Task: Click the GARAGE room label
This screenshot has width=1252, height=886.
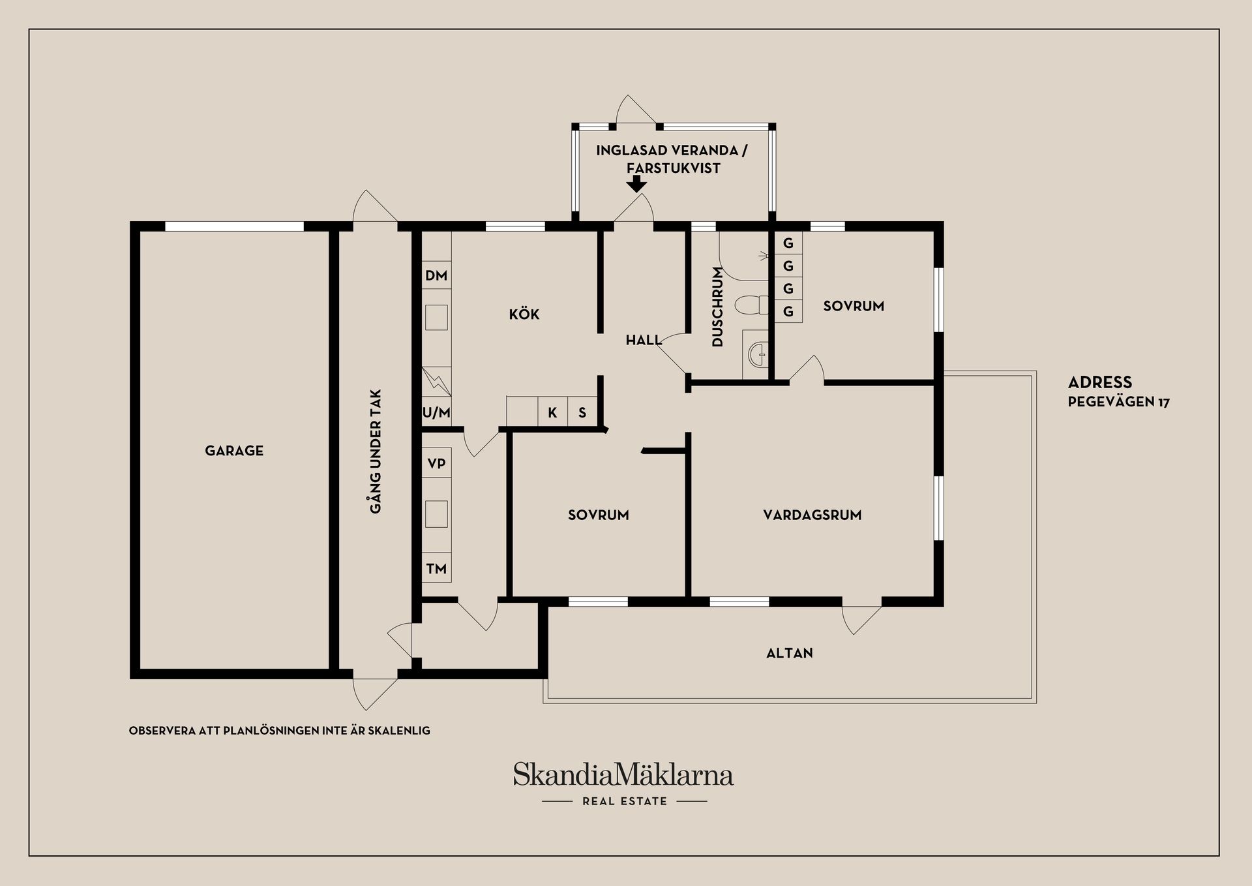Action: (x=234, y=451)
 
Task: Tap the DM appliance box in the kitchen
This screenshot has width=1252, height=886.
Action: (x=436, y=275)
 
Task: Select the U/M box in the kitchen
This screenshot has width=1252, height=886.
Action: (x=436, y=412)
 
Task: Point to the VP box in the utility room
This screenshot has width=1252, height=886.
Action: (x=436, y=464)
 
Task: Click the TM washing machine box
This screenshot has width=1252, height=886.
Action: (x=436, y=569)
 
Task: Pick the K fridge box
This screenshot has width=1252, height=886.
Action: (x=552, y=412)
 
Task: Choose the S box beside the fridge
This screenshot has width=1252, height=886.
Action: (x=582, y=412)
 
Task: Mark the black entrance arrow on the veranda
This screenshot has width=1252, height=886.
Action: (x=636, y=184)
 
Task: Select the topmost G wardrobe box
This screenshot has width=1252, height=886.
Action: (x=788, y=243)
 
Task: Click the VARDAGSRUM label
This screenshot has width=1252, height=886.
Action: (x=812, y=515)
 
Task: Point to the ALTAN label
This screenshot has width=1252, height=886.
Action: (x=789, y=653)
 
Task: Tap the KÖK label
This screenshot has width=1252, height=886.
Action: (x=524, y=314)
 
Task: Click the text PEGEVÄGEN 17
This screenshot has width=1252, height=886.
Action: (x=1118, y=402)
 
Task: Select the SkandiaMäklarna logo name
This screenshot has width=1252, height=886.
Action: (x=623, y=775)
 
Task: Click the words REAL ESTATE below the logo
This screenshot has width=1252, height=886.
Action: (x=625, y=801)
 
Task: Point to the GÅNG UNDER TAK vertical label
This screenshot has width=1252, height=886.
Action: (x=376, y=451)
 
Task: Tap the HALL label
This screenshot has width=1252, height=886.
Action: (x=644, y=340)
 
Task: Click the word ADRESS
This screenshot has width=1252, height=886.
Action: (x=1099, y=382)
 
